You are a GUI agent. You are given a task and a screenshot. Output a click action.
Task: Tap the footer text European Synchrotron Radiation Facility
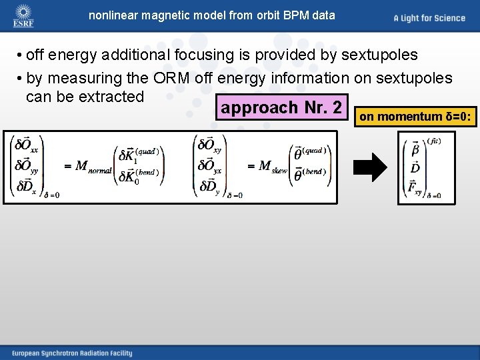(x=71, y=353)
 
